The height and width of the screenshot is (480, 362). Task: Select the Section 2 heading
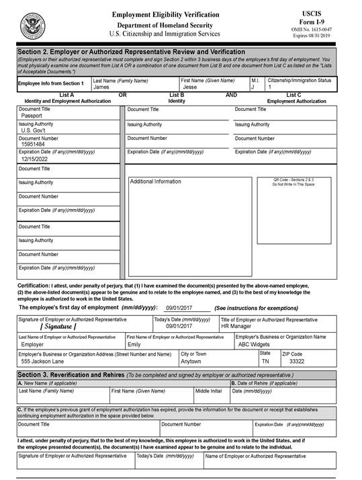point(131,52)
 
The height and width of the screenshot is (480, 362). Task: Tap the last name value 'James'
point(101,87)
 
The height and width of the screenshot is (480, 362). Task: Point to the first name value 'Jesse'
point(190,87)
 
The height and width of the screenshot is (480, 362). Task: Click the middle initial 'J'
point(253,87)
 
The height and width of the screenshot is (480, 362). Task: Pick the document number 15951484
point(34,145)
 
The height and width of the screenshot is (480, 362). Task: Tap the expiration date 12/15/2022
point(36,159)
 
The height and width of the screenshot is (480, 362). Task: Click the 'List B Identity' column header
point(177,98)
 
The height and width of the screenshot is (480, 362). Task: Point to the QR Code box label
point(293,182)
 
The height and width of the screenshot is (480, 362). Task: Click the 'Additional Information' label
point(155,182)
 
